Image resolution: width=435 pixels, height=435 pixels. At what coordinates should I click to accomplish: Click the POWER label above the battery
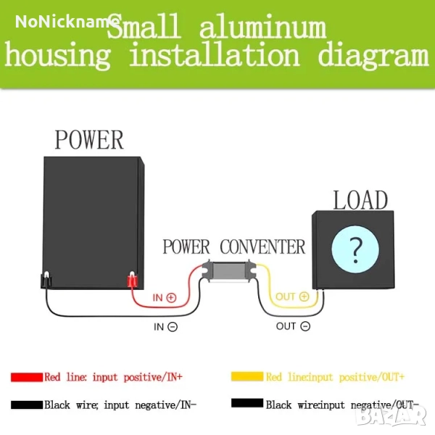pyautogui.click(x=89, y=139)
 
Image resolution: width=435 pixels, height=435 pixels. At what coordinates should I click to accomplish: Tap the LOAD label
pyautogui.click(x=360, y=199)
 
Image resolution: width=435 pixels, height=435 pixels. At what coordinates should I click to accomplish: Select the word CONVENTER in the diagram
pyautogui.click(x=262, y=246)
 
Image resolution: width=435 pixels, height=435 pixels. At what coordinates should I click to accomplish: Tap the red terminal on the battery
pyautogui.click(x=132, y=280)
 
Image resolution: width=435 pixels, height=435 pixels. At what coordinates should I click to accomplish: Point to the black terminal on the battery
pyautogui.click(x=44, y=280)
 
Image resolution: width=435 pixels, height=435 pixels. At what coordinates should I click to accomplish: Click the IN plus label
pyautogui.click(x=165, y=297)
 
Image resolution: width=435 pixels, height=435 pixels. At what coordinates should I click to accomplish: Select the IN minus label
pyautogui.click(x=165, y=326)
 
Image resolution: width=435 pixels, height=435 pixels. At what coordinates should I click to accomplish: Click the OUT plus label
pyautogui.click(x=292, y=297)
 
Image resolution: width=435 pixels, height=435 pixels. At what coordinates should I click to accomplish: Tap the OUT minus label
pyautogui.click(x=293, y=326)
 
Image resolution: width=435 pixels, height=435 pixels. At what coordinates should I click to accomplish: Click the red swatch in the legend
pyautogui.click(x=27, y=378)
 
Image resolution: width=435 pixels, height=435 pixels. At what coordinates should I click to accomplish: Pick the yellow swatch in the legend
pyautogui.click(x=246, y=377)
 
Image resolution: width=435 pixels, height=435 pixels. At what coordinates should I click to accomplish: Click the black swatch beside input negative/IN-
pyautogui.click(x=27, y=404)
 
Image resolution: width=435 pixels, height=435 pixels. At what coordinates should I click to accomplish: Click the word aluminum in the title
pyautogui.click(x=262, y=28)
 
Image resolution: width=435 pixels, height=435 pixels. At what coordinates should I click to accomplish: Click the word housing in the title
pyautogui.click(x=59, y=56)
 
